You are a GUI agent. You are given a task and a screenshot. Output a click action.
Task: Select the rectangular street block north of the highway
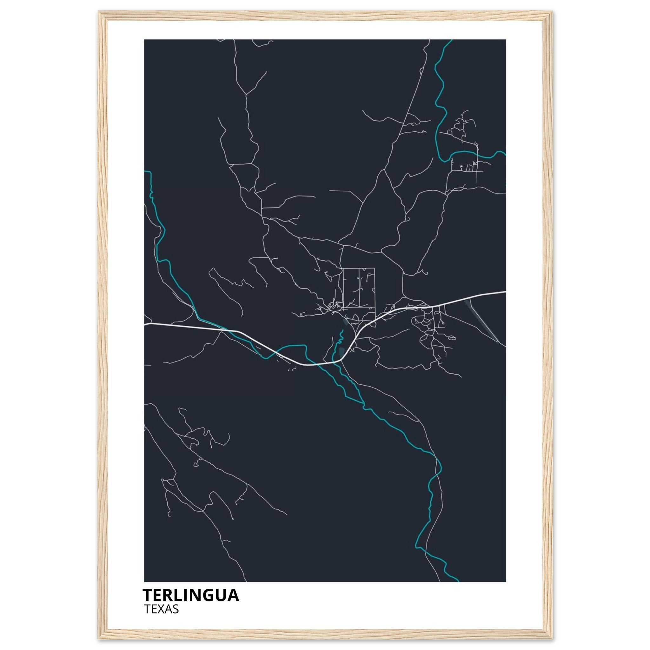coord(359,288)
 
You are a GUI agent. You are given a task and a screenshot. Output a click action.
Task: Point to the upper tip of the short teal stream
coord(342,330)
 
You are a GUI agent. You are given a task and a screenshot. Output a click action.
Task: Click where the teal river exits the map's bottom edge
coord(457,581)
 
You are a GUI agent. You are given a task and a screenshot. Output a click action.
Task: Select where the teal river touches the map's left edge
coord(145,171)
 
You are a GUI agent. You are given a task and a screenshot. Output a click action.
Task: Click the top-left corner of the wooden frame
coord(100,12)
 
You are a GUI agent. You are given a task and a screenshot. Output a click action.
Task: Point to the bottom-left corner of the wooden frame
coord(100,638)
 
